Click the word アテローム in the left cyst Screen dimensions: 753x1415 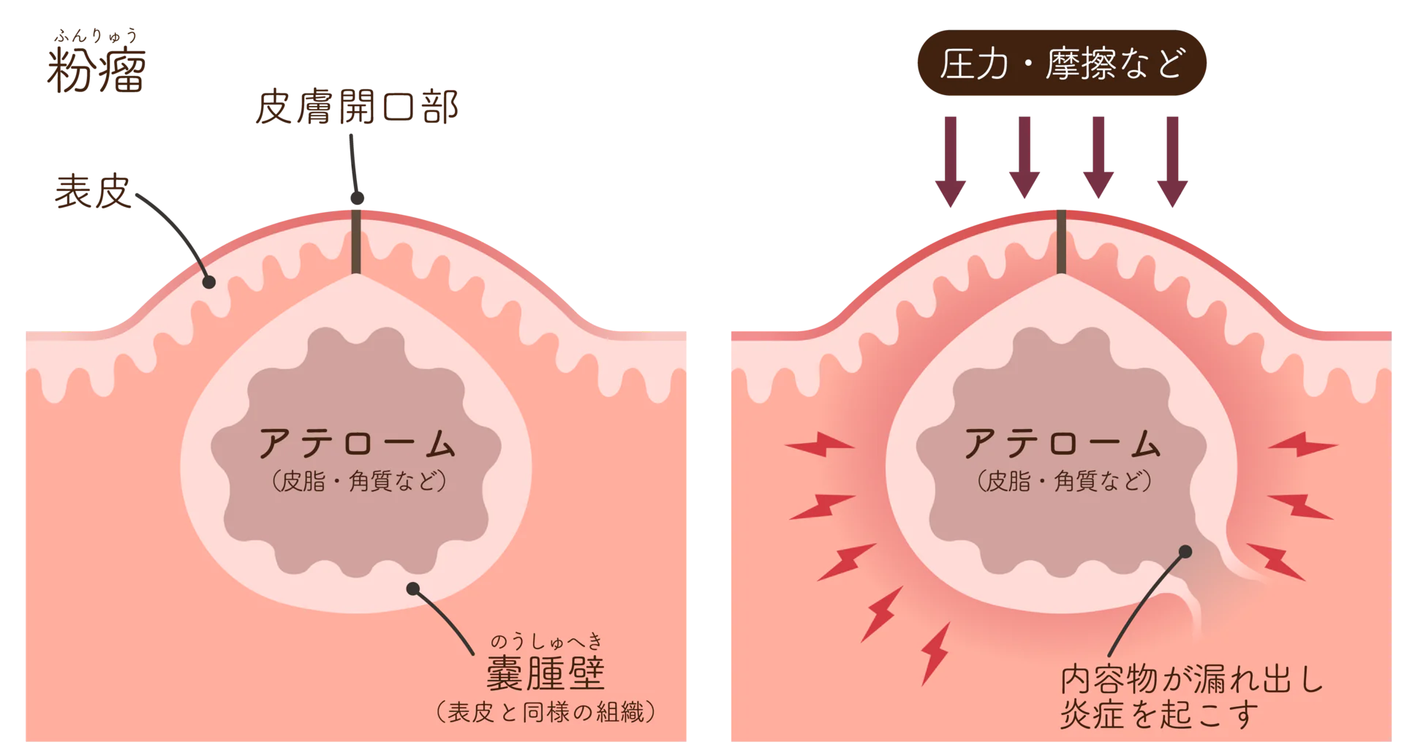pyautogui.click(x=358, y=444)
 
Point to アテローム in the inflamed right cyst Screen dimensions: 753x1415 pyautogui.click(x=1063, y=444)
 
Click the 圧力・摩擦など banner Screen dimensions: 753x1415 pyautogui.click(x=1061, y=64)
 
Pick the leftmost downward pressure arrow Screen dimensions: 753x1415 pyautogui.click(x=951, y=161)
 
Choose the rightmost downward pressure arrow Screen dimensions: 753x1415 pyautogui.click(x=1173, y=161)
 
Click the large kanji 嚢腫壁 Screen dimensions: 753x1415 pyautogui.click(x=546, y=674)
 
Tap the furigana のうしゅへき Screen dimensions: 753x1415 pyautogui.click(x=546, y=642)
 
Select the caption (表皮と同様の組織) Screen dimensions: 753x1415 pyautogui.click(x=546, y=711)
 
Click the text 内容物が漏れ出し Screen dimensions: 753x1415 pyautogui.click(x=1192, y=679)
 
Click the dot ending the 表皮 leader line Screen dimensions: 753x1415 pyautogui.click(x=209, y=282)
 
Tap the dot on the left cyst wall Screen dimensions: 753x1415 pyautogui.click(x=413, y=589)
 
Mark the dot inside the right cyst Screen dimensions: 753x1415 pyautogui.click(x=1186, y=551)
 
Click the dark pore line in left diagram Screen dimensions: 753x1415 pyautogui.click(x=356, y=241)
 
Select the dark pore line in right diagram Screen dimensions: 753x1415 pyautogui.click(x=1061, y=241)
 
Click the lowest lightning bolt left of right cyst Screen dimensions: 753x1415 pyautogui.click(x=935, y=653)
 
